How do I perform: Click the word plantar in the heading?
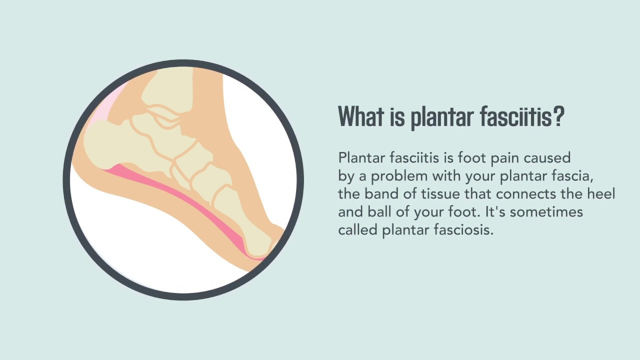pos(440,117)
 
